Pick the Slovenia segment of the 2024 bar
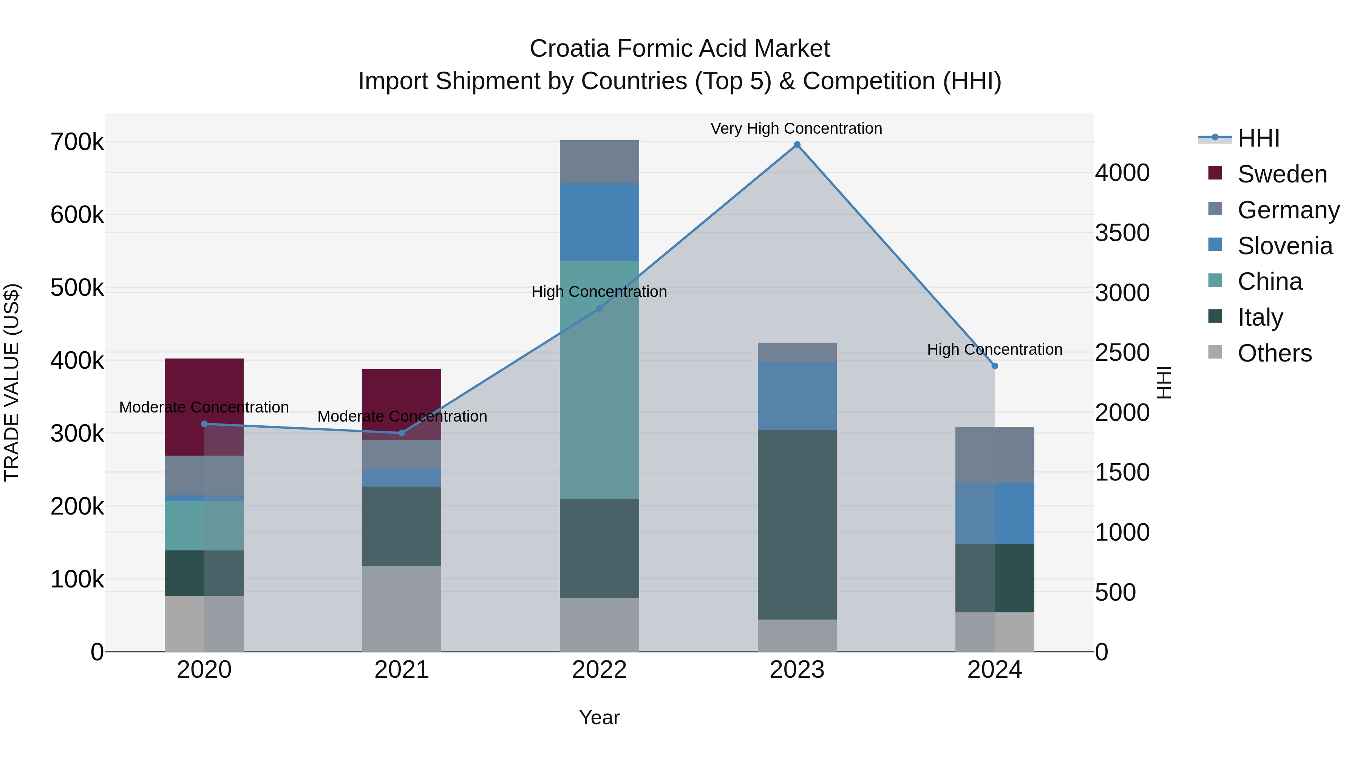click(994, 513)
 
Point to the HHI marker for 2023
click(797, 145)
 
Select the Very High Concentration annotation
click(796, 129)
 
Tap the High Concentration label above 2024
click(994, 349)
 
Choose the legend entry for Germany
click(1288, 210)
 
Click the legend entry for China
click(1269, 281)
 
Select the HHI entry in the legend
click(1258, 138)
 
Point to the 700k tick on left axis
click(77, 142)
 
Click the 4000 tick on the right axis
click(1122, 173)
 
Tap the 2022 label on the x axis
click(599, 670)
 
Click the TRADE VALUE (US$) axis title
click(12, 382)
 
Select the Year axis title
click(599, 717)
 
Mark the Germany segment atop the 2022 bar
click(599, 162)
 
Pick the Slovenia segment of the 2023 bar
click(797, 396)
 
